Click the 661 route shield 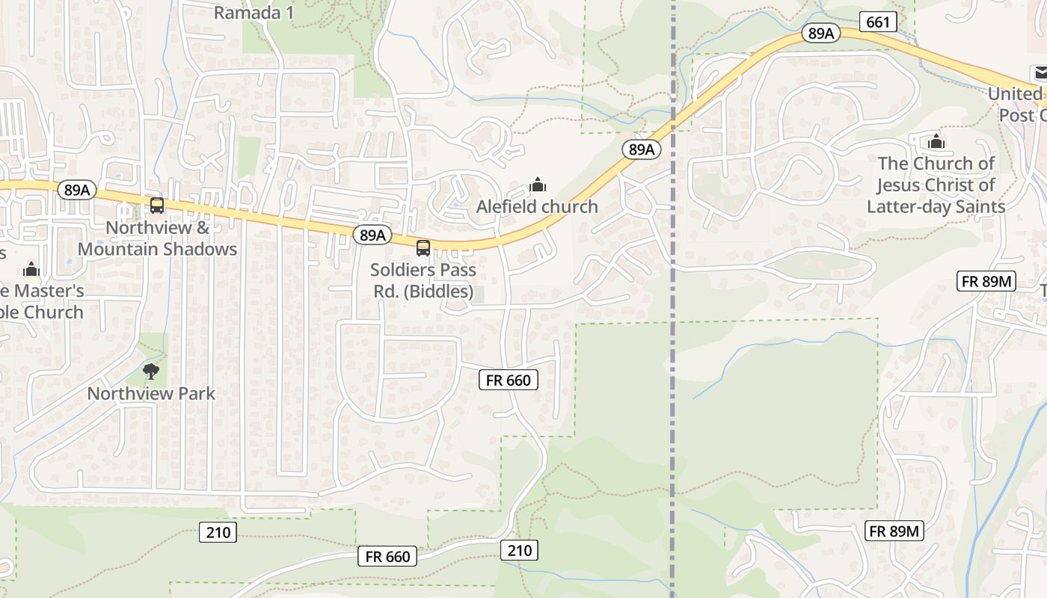878,22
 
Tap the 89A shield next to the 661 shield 821,33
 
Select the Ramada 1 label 254,13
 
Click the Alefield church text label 537,206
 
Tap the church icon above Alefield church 537,184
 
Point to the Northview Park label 151,393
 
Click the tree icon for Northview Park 151,370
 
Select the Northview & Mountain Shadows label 157,238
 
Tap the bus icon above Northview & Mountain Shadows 157,206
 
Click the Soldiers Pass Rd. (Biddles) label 423,280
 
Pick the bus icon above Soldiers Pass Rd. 423,247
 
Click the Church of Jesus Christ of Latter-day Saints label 936,185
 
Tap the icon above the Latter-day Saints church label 936,141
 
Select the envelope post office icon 1040,73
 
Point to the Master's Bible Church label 40,301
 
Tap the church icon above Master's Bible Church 31,269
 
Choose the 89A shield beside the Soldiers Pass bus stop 372,235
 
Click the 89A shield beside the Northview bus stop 77,190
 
